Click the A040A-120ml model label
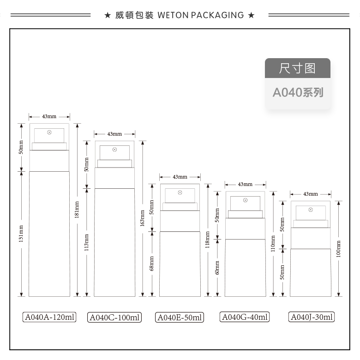click(49, 317)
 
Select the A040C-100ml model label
click(114, 317)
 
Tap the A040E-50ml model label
click(180, 317)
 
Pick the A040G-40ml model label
click(245, 317)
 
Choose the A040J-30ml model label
click(312, 317)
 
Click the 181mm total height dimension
click(77, 210)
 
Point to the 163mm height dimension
click(143, 218)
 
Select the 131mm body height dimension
click(21, 234)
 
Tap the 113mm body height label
click(87, 242)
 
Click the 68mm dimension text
click(152, 264)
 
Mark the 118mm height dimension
click(208, 240)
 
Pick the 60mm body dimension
click(217, 268)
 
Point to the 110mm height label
click(273, 244)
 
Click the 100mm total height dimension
click(338, 249)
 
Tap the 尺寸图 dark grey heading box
click(298, 68)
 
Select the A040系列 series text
click(298, 92)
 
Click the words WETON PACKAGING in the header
click(201, 15)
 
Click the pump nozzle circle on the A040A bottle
click(49, 132)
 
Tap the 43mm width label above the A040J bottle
click(311, 194)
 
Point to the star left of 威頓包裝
click(108, 15)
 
